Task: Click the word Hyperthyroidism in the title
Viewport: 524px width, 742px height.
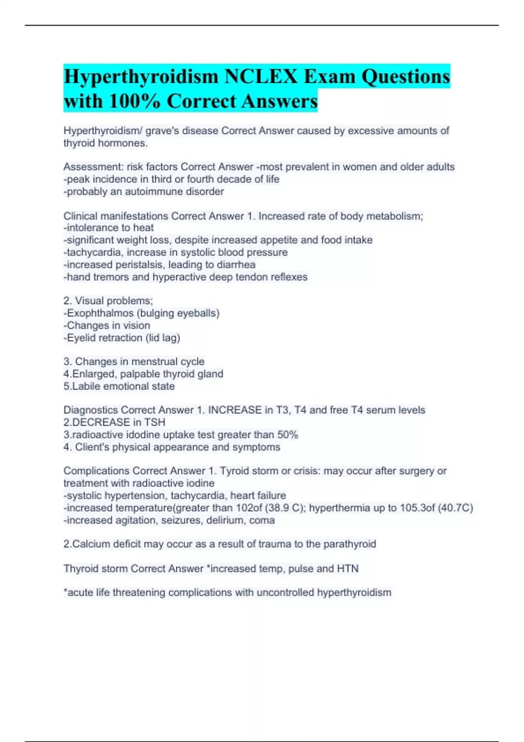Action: tap(141, 77)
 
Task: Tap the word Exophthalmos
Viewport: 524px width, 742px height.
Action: tap(100, 313)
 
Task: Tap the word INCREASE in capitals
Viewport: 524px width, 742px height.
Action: tap(235, 410)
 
